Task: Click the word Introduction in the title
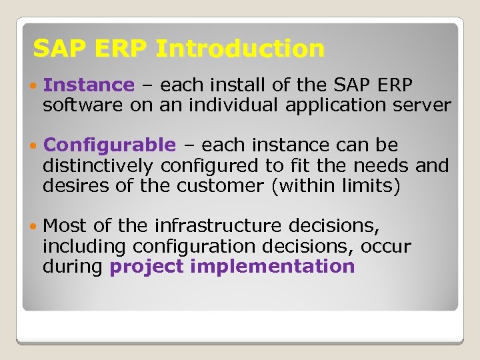[x=239, y=49]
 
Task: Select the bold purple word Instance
[x=88, y=85]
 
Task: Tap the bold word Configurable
[x=109, y=145]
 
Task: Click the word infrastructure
[x=207, y=227]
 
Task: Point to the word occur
[x=386, y=247]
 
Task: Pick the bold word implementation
[x=272, y=267]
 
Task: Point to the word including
[x=85, y=247]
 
